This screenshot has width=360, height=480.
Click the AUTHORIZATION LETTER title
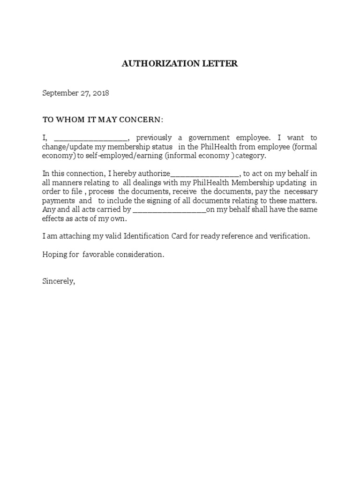180,64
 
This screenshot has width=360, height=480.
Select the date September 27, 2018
76,93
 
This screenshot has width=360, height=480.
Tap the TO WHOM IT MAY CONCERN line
103,120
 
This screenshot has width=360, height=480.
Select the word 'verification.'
290,236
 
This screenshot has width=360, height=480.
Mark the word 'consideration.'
142,255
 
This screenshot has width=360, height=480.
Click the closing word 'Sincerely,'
59,281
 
